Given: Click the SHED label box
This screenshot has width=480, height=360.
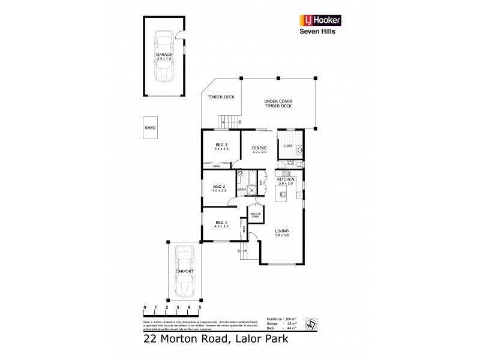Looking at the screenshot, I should (149, 128).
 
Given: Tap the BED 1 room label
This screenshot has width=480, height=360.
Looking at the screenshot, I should (221, 223).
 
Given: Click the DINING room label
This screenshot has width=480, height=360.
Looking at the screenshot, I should (259, 149).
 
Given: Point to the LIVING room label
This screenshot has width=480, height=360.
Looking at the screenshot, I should (282, 232).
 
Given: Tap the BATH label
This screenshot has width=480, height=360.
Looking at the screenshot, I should (242, 190).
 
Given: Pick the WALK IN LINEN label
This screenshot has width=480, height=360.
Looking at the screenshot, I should (254, 215).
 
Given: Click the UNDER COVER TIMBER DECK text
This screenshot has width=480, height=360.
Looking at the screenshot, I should (278, 104).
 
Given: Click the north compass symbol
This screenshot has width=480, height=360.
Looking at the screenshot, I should (311, 322).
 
